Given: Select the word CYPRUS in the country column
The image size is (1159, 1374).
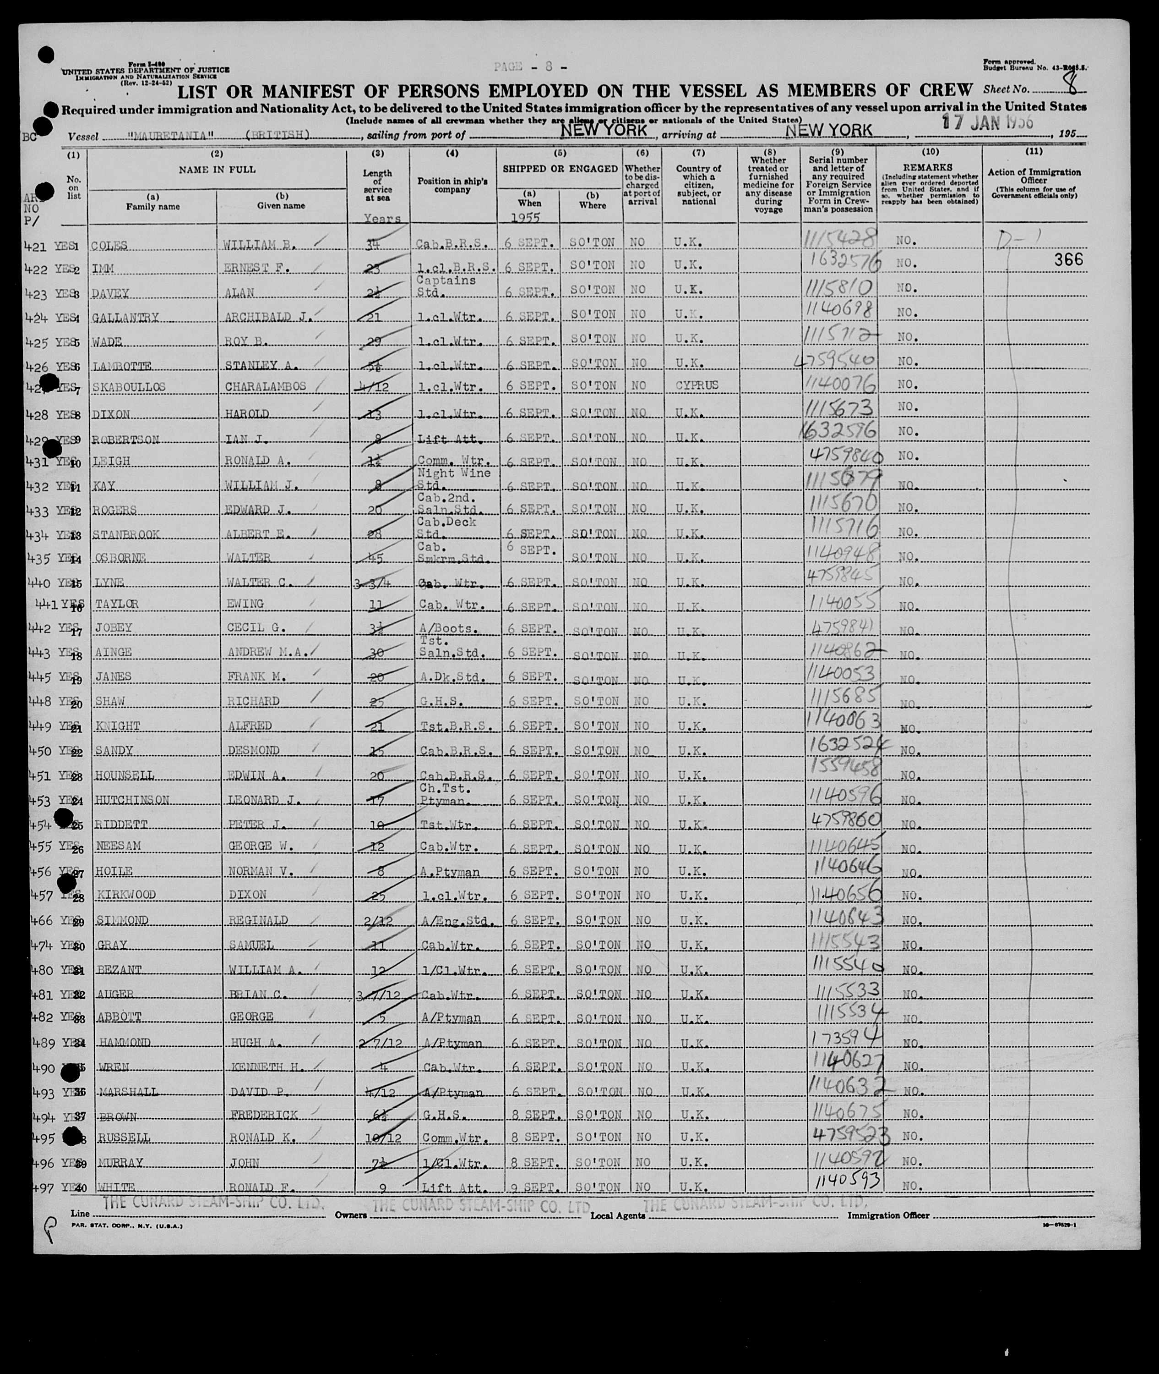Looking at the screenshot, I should [696, 385].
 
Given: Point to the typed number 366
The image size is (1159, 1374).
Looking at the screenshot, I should [1068, 260].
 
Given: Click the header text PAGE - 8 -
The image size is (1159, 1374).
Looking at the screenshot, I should [529, 66].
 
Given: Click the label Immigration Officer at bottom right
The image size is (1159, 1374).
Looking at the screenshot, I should [888, 1215].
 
